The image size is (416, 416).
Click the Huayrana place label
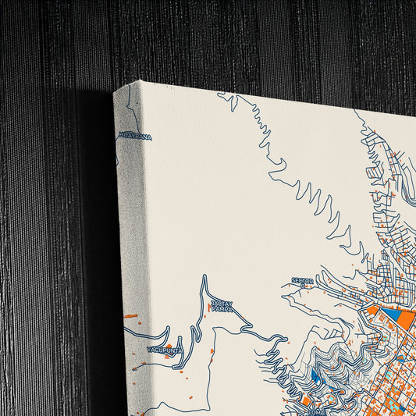[135, 137]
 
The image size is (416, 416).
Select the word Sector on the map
[302, 280]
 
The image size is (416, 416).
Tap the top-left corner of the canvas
[115, 90]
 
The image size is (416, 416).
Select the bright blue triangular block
[389, 316]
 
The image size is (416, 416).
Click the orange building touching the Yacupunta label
[168, 345]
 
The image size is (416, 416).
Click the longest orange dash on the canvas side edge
[130, 316]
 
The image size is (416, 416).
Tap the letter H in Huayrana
[119, 137]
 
